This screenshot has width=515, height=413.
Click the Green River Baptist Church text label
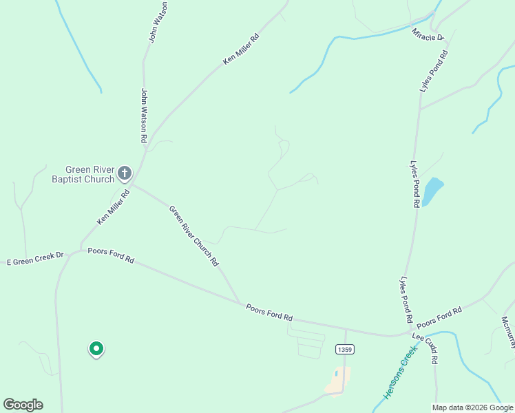click(83, 174)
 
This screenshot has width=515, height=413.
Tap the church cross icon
click(125, 173)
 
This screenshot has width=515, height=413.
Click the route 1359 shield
click(345, 350)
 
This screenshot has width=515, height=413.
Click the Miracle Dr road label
click(428, 34)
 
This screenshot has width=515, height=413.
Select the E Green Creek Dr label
click(34, 259)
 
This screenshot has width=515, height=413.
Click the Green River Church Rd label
click(194, 236)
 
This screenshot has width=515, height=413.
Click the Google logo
click(23, 405)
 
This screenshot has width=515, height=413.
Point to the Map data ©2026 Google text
click(472, 407)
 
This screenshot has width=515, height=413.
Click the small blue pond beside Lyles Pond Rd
click(431, 191)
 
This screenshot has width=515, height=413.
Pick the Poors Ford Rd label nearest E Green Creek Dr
click(111, 256)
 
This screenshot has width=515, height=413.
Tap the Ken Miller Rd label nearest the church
click(114, 207)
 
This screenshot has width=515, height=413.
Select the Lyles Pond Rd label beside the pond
click(414, 184)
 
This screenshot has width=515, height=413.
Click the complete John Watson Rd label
click(145, 115)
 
